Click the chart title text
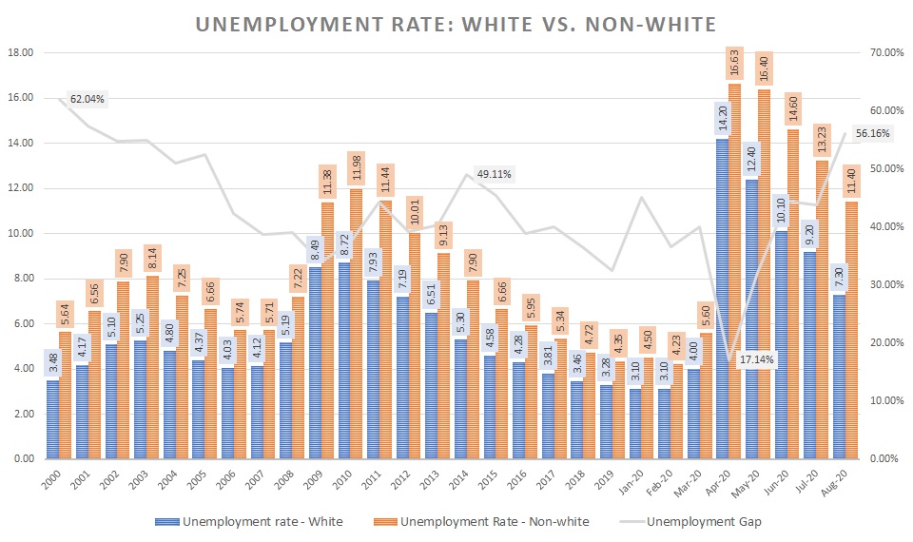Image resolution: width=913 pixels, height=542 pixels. click(456, 22)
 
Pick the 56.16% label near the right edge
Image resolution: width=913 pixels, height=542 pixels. click(872, 134)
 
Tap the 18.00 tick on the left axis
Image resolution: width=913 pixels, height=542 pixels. click(21, 53)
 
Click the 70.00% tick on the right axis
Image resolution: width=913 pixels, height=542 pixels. click(886, 53)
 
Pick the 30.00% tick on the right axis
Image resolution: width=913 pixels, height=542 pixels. click(886, 285)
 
